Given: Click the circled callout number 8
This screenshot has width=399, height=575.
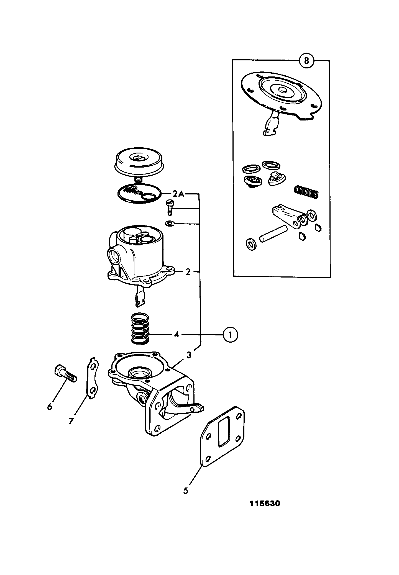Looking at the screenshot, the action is pos(306,60).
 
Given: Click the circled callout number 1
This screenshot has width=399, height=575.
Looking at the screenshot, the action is pos(230,335).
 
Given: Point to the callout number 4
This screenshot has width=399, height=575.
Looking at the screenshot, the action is pos(177,335).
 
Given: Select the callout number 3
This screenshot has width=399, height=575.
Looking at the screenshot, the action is pos(188,355).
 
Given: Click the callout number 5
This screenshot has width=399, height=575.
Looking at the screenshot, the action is pos(186,491).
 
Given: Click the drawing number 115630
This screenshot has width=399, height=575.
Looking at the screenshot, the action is pos(265,503).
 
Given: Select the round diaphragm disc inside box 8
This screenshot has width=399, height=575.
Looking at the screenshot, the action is pos(282,94).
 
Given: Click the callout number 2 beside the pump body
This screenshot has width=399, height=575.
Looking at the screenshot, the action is pos(188,272).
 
